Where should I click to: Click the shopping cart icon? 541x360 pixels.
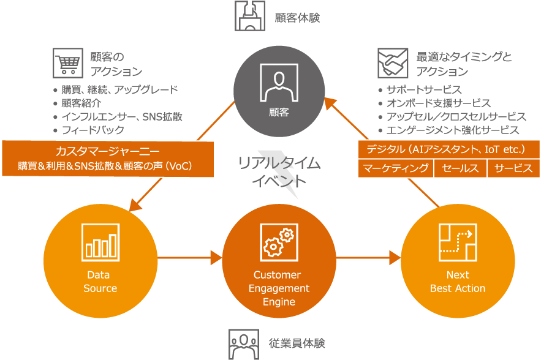67,64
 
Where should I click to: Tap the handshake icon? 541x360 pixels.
393,64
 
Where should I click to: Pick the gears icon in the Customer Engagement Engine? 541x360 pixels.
279,241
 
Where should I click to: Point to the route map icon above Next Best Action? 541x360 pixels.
457,241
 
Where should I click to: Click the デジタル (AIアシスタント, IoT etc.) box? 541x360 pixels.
448,149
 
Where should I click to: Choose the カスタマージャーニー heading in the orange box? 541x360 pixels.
108,151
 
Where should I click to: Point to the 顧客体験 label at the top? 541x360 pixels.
297,18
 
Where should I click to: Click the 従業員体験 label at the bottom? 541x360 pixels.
297,343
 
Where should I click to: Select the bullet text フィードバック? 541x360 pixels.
93,130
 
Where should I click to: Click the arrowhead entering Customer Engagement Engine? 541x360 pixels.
216,257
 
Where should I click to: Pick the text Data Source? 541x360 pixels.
100,282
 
